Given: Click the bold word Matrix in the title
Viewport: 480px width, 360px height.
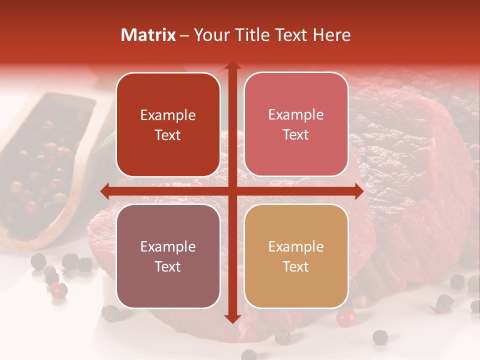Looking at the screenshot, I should point(148,35).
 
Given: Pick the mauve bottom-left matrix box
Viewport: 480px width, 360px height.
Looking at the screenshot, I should point(168,285).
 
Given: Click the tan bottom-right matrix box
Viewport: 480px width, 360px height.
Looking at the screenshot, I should point(296,285).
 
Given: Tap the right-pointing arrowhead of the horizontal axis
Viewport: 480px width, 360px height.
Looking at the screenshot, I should point(359,191).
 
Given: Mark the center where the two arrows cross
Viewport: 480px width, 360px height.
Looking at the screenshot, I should point(232,191).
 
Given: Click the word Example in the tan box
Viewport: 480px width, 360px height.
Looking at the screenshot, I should point(296,246).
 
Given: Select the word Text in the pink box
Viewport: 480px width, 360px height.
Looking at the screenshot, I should point(296,135).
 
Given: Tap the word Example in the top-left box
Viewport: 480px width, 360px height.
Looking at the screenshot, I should point(168,115).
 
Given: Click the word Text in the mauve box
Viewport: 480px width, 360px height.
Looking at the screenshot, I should point(168,266).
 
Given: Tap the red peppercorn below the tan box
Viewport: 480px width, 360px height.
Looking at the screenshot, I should point(345,317).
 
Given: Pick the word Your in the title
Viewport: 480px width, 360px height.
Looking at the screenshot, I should point(209,35).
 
